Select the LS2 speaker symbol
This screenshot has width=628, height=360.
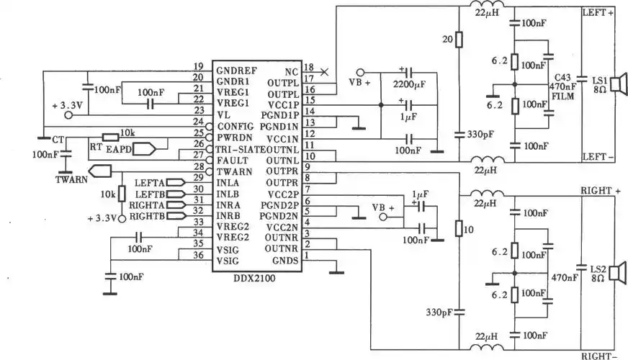pyautogui.click(x=615, y=272)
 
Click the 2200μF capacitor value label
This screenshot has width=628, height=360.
pyautogui.click(x=410, y=85)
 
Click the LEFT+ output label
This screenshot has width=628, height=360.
pyautogui.click(x=598, y=13)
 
